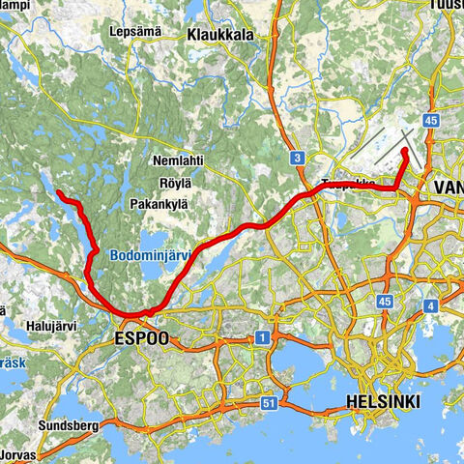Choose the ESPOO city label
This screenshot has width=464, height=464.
click(x=141, y=338)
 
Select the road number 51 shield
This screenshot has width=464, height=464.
click(x=270, y=402)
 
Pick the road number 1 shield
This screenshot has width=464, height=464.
click(x=260, y=337)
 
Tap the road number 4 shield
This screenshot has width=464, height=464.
click(x=428, y=306)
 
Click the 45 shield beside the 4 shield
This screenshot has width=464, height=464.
click(x=385, y=302)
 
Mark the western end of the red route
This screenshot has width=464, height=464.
click(x=59, y=193)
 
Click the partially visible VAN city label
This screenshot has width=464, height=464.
click(x=449, y=186)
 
